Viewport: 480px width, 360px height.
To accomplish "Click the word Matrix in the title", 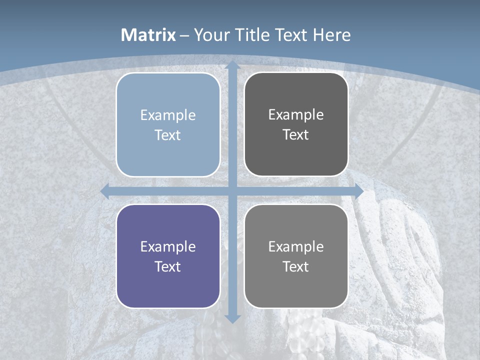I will [x=148, y=35].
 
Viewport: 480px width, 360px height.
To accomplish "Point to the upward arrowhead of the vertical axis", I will [x=232, y=65].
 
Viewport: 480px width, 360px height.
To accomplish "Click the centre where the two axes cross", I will [x=232, y=191].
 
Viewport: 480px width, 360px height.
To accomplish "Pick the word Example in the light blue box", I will [x=168, y=115].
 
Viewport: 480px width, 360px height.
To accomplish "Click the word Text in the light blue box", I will [x=168, y=135].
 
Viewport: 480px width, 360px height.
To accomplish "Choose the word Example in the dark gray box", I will [x=296, y=114].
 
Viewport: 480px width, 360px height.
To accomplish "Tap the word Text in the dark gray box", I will [x=296, y=134].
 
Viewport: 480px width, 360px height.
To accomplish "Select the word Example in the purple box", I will [x=168, y=246].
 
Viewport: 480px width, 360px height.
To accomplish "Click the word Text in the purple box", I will [x=168, y=266].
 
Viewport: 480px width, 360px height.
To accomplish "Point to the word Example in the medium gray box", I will [x=296, y=246].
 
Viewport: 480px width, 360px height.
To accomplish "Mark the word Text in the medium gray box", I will [x=296, y=266].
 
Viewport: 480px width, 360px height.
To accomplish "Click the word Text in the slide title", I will [x=292, y=35].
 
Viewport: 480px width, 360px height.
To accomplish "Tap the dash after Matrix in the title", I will [x=184, y=35].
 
